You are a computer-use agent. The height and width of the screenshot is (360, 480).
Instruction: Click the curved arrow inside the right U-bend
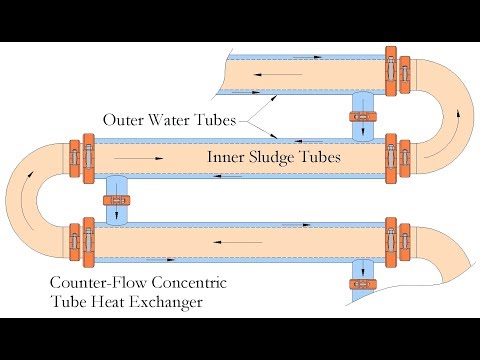(459, 116)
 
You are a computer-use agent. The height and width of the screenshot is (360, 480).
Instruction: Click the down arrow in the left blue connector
(118, 215)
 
